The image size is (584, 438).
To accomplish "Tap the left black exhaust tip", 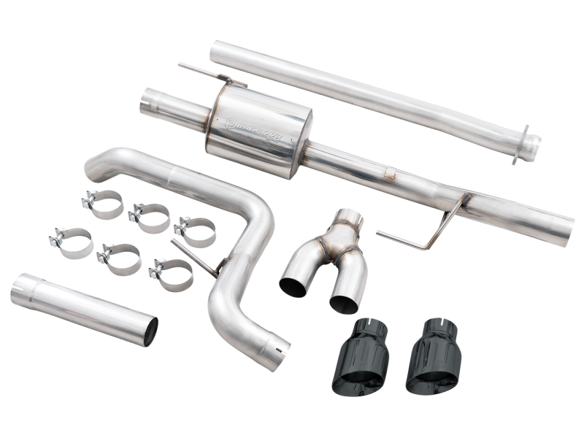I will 369,358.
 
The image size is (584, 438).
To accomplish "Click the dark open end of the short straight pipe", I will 149,331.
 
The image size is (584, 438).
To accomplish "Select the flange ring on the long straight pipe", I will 525,145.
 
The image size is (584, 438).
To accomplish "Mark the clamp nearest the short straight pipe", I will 73,243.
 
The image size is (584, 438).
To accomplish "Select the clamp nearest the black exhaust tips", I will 172,274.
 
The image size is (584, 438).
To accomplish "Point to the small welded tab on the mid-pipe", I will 391,174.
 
